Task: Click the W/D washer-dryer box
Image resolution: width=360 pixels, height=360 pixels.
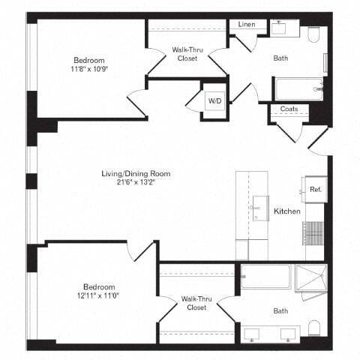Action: [213, 101]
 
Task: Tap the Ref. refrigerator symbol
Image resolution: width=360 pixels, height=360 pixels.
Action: [315, 190]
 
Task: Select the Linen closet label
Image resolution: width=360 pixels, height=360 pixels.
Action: [247, 25]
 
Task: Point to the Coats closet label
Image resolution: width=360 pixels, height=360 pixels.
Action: [289, 109]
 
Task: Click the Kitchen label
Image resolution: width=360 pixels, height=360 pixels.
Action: [286, 211]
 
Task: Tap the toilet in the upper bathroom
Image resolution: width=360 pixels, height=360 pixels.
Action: [313, 34]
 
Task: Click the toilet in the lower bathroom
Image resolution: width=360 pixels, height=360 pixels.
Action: [314, 327]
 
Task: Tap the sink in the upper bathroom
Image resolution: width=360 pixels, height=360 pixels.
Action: [281, 27]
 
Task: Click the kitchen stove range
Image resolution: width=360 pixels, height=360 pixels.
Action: [314, 229]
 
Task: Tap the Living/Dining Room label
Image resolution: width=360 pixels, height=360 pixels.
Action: [136, 174]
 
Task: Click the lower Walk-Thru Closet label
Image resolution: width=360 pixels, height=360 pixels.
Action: [196, 303]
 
